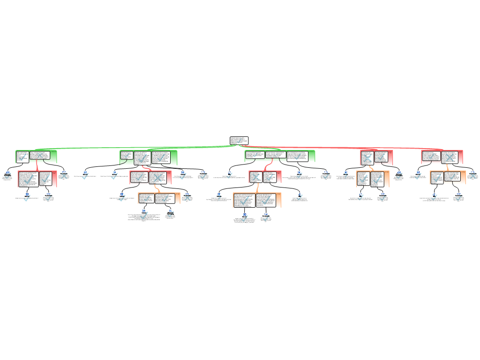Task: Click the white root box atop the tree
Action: (x=239, y=141)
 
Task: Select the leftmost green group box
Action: (x=36, y=157)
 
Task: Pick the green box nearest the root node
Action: (x=279, y=156)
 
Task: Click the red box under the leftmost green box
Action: (x=37, y=179)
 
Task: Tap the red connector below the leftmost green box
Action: (x=37, y=166)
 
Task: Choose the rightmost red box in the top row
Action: (x=442, y=157)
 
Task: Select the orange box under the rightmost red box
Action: (x=448, y=178)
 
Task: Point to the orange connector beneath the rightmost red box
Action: (x=447, y=167)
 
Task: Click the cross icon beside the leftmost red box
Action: (x=64, y=175)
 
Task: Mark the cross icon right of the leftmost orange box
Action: (x=187, y=197)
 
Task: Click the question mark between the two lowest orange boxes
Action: (x=219, y=197)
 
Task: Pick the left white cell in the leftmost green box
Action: (x=22, y=157)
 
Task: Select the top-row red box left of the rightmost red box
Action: (x=376, y=157)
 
